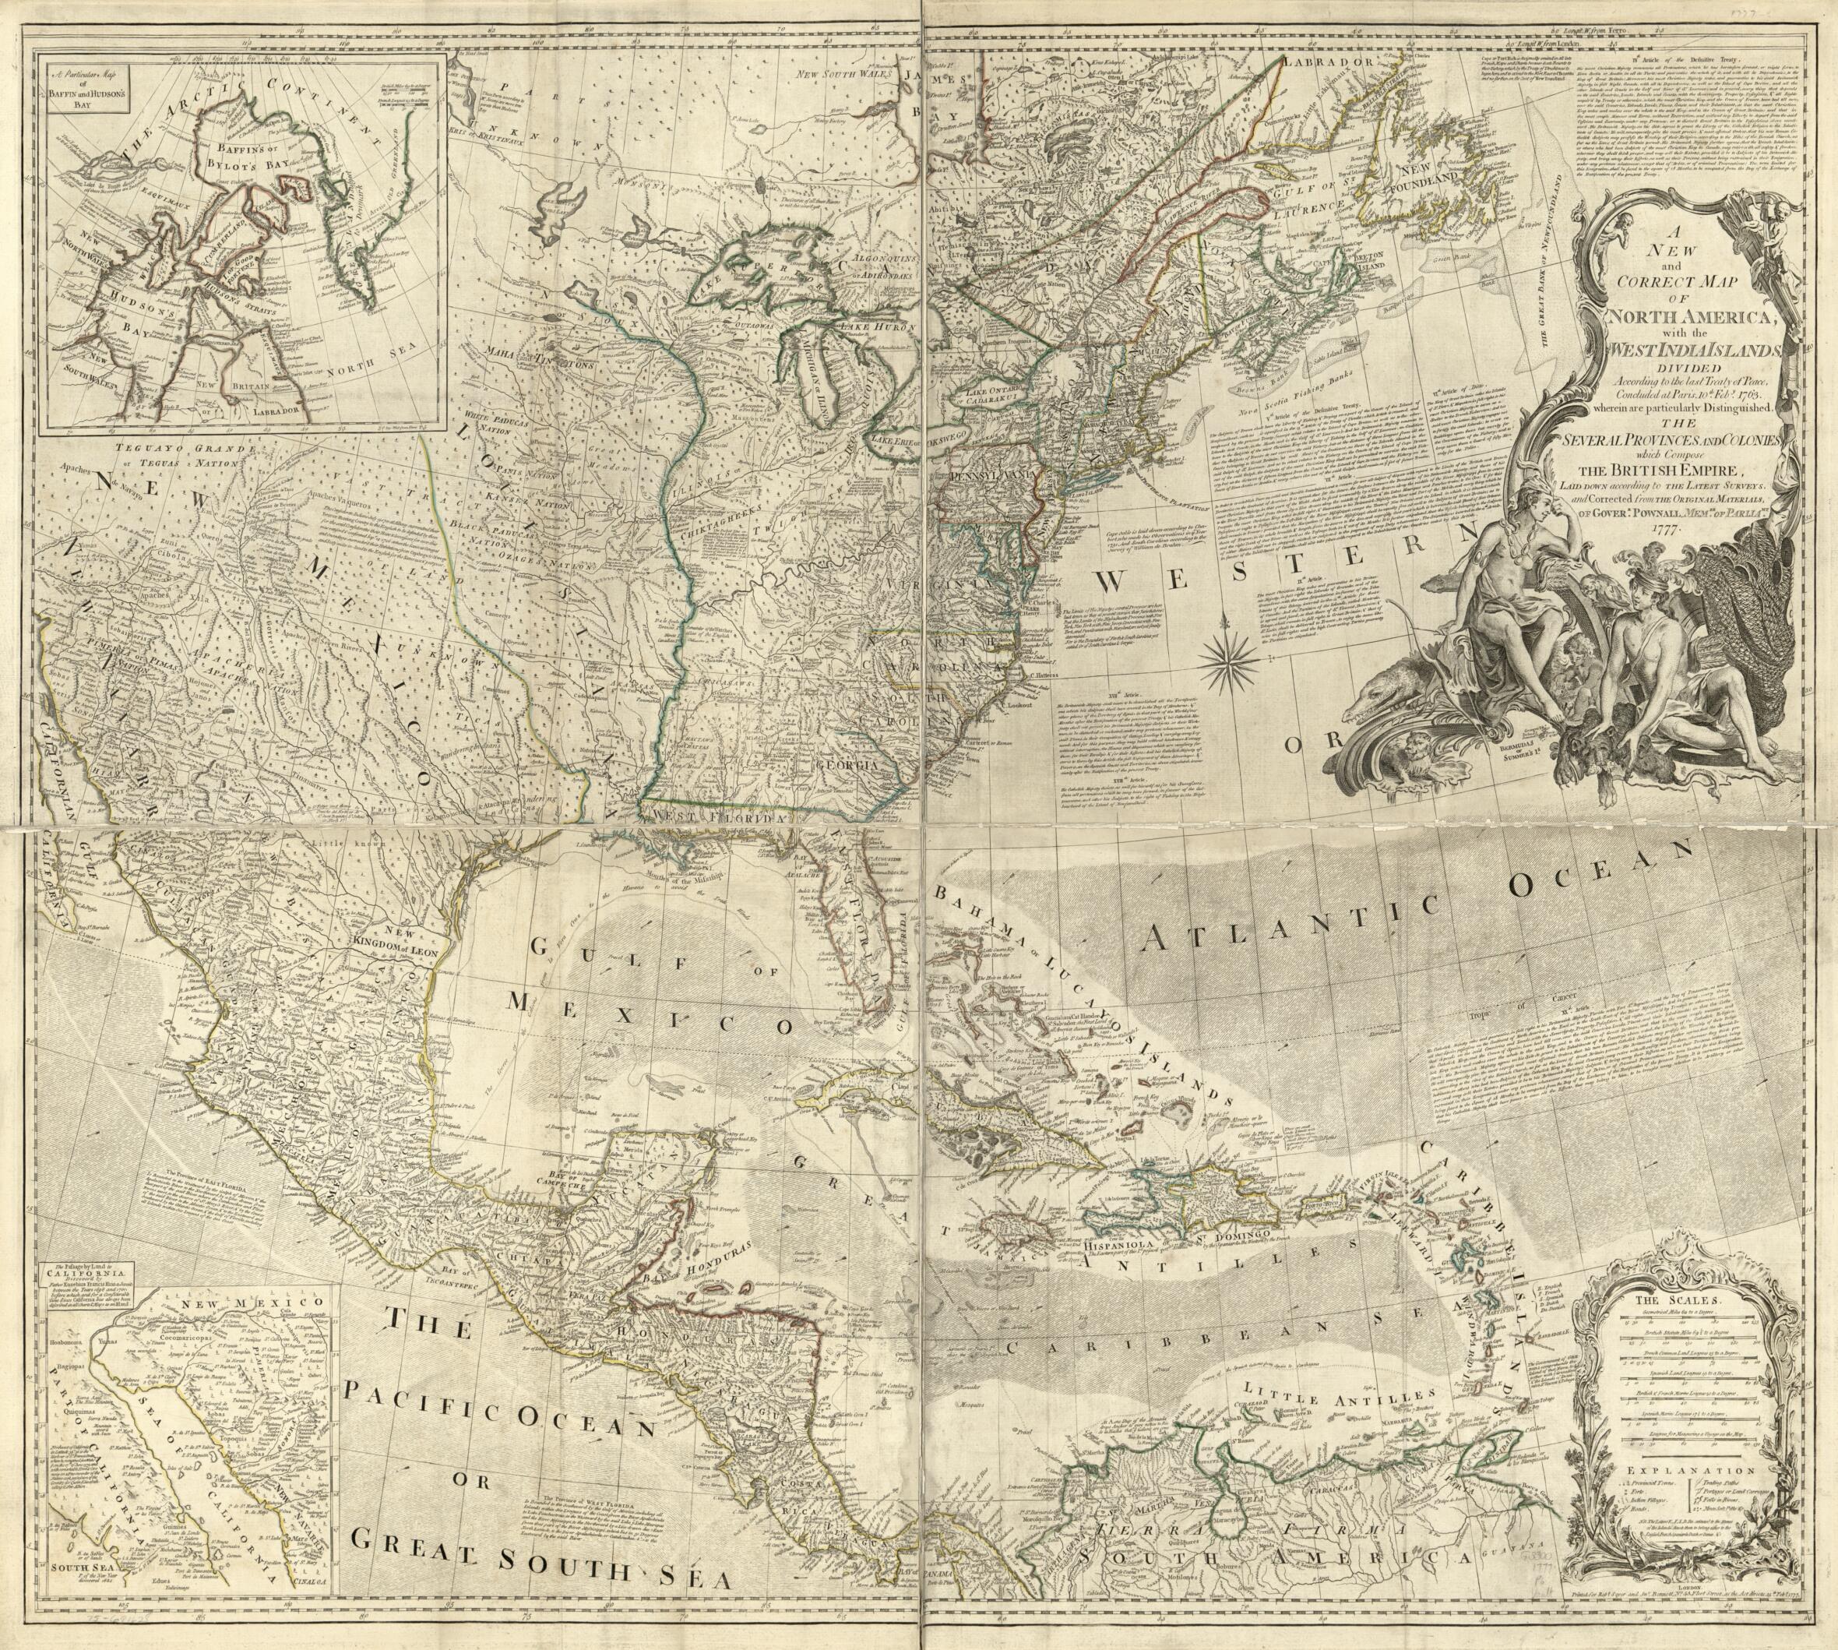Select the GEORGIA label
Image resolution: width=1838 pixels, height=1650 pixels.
coord(847,765)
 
